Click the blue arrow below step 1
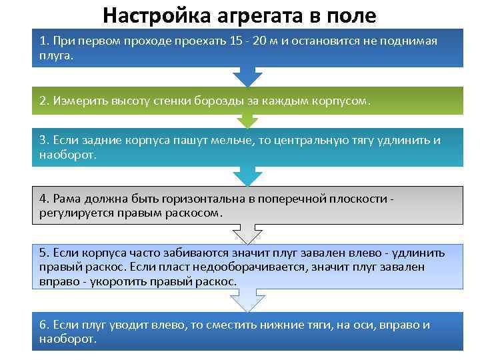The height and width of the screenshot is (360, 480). click(x=247, y=76)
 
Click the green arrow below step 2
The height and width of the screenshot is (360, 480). click(x=247, y=121)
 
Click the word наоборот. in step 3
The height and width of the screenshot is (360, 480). click(x=68, y=155)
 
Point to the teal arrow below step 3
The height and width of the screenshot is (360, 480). click(x=247, y=177)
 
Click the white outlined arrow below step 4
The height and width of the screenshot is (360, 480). click(x=247, y=234)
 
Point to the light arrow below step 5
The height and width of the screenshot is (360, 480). click(x=247, y=300)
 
